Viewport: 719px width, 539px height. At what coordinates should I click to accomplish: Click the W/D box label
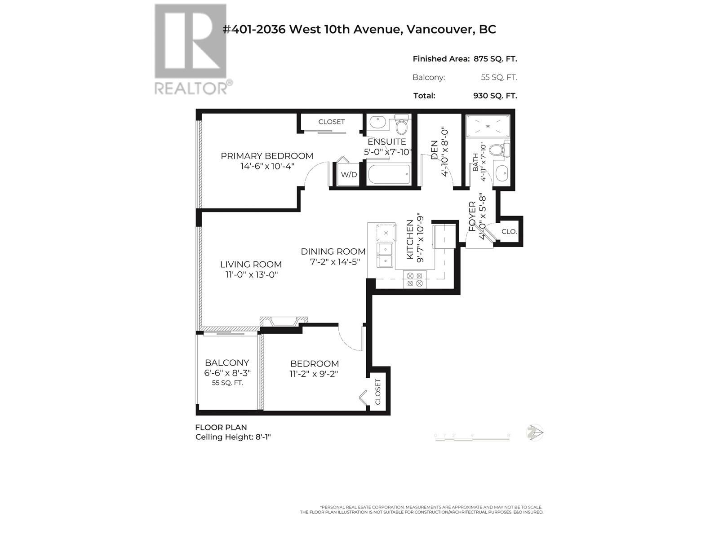(x=349, y=174)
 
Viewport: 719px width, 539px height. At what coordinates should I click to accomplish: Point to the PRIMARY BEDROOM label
(x=267, y=156)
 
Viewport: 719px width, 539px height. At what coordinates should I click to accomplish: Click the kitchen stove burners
(x=414, y=279)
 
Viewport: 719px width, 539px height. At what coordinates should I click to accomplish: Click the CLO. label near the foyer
(x=509, y=232)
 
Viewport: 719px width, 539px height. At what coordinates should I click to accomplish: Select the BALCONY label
(x=227, y=362)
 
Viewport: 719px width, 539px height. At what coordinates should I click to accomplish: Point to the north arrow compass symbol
(x=535, y=433)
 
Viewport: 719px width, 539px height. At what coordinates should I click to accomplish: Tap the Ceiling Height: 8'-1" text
(x=233, y=437)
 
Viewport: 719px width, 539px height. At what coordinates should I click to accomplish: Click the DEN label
(x=435, y=150)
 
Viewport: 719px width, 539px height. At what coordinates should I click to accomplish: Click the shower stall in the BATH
(x=488, y=126)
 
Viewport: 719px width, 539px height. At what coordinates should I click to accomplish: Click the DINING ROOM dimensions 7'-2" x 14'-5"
(x=335, y=262)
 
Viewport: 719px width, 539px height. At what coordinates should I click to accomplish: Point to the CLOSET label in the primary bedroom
(x=331, y=122)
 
